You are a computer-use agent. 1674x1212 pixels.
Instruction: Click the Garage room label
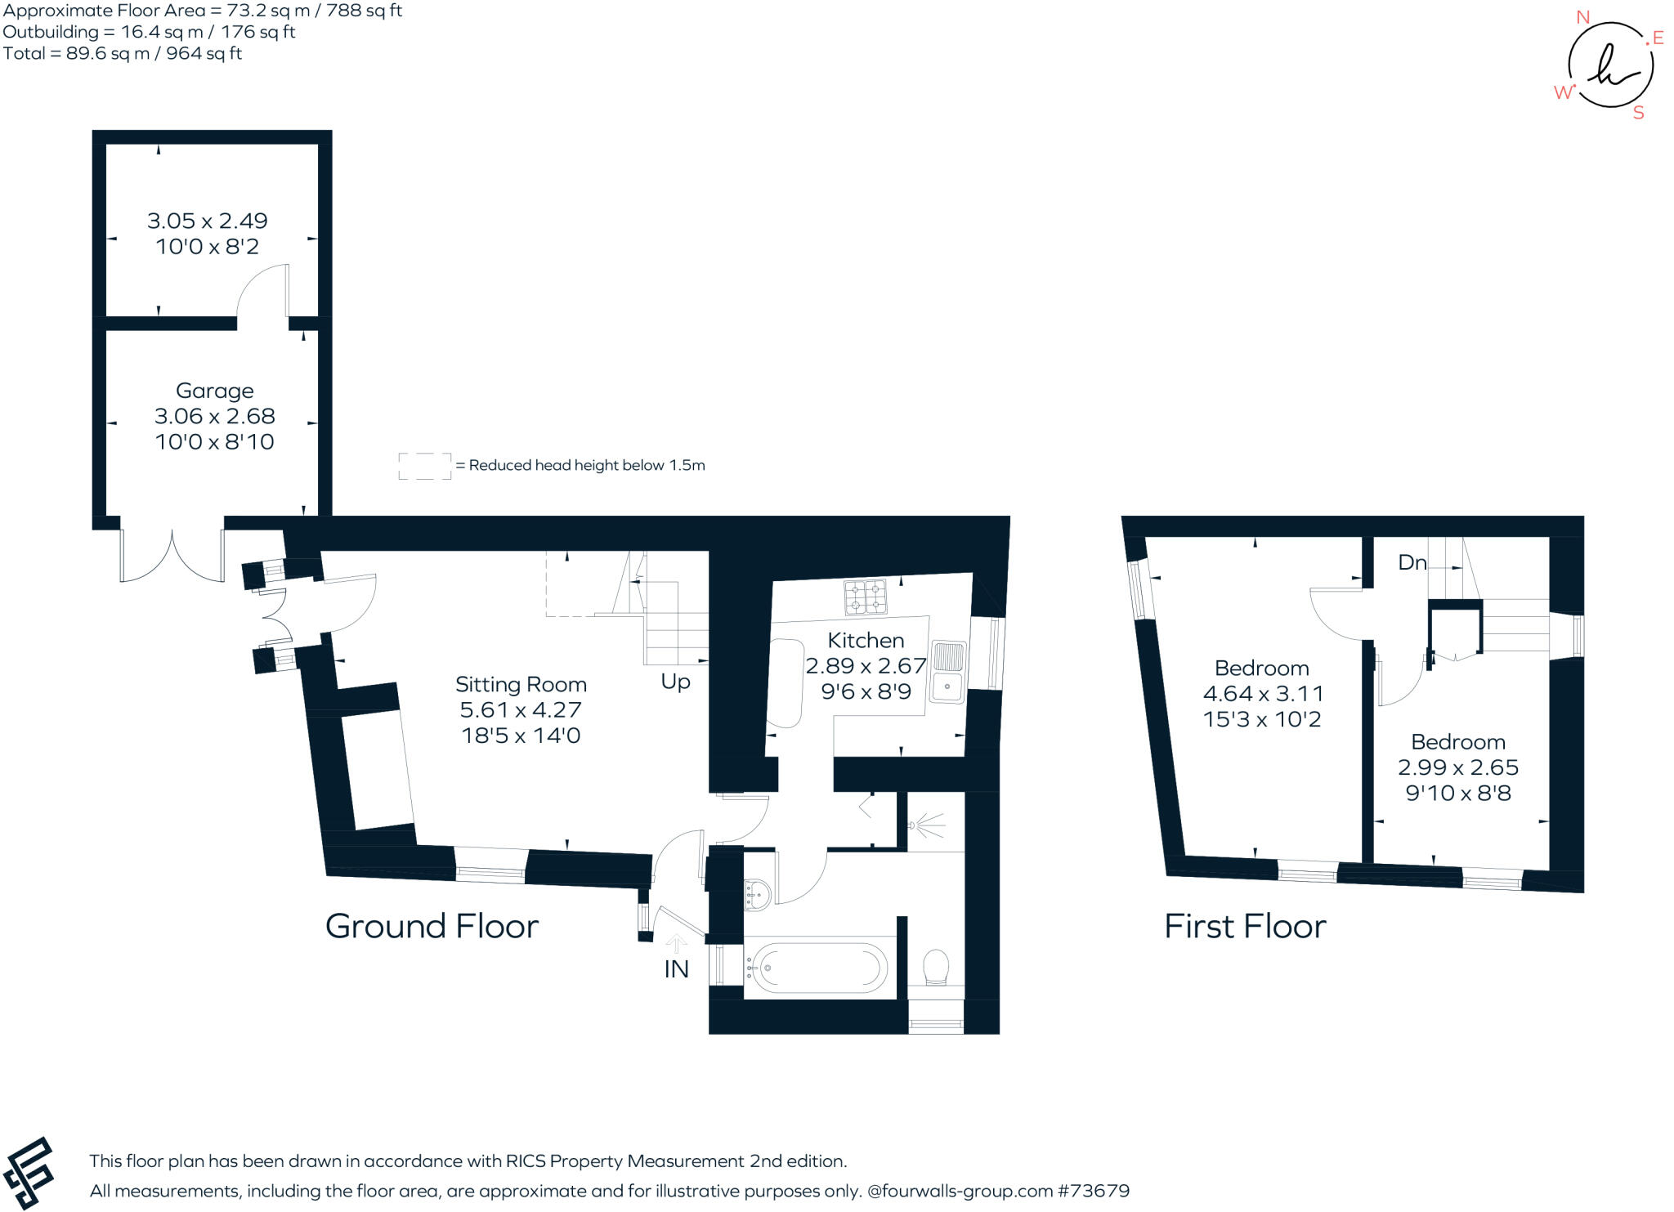point(214,391)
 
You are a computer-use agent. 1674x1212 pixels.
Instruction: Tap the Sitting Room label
point(521,684)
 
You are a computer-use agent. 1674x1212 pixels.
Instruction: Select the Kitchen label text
point(866,640)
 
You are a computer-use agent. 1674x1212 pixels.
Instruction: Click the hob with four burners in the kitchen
point(866,597)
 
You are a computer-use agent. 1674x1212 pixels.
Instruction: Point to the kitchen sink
point(948,672)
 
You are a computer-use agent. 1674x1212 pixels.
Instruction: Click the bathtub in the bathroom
point(818,968)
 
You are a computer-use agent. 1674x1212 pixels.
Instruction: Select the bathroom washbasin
point(757,895)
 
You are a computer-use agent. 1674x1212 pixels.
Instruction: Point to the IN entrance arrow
point(675,946)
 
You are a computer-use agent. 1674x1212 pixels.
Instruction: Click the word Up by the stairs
point(675,682)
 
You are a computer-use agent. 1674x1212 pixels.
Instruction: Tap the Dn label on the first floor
point(1412,562)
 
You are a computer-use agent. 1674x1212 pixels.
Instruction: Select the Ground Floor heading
point(432,926)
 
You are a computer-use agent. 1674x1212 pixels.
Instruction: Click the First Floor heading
point(1244,926)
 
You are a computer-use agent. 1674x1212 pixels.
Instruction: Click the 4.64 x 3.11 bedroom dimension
point(1263,693)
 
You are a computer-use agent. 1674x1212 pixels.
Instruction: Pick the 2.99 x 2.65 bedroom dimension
point(1457,767)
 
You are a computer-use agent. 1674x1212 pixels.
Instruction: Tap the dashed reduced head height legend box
point(424,466)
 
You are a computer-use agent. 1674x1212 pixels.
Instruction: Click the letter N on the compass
point(1582,17)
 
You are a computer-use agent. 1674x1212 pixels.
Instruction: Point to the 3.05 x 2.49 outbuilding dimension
point(207,221)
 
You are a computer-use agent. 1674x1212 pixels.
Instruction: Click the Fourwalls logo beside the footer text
point(29,1173)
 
